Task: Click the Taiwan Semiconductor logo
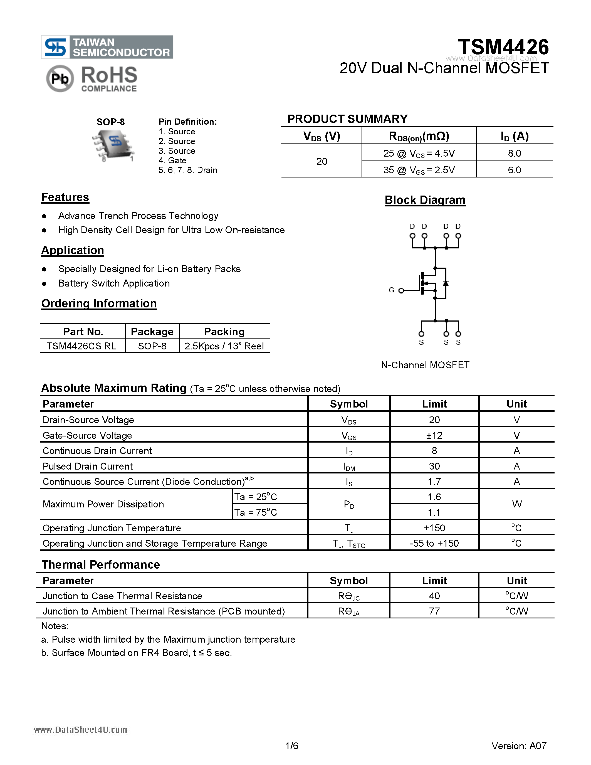pyautogui.click(x=107, y=47)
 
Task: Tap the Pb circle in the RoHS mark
pyautogui.click(x=60, y=79)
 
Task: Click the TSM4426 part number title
pyautogui.click(x=503, y=47)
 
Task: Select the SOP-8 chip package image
pyautogui.click(x=113, y=144)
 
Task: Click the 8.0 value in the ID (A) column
pyautogui.click(x=514, y=154)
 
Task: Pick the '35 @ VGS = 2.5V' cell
pyautogui.click(x=419, y=170)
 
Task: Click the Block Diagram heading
pyautogui.click(x=425, y=200)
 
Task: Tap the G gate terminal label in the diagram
pyautogui.click(x=391, y=290)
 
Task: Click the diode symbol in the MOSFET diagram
pyautogui.click(x=446, y=283)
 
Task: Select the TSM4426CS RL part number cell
pyautogui.click(x=81, y=346)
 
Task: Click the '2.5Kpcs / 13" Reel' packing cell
pyautogui.click(x=224, y=346)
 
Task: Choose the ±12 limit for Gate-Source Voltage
pyautogui.click(x=434, y=435)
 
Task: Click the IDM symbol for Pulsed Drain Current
pyautogui.click(x=349, y=467)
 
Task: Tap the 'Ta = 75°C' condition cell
pyautogui.click(x=256, y=512)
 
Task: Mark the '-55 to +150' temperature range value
pyautogui.click(x=434, y=543)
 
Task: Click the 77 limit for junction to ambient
pyautogui.click(x=434, y=611)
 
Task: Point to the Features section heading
pyautogui.click(x=65, y=197)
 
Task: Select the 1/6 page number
pyautogui.click(x=292, y=746)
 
